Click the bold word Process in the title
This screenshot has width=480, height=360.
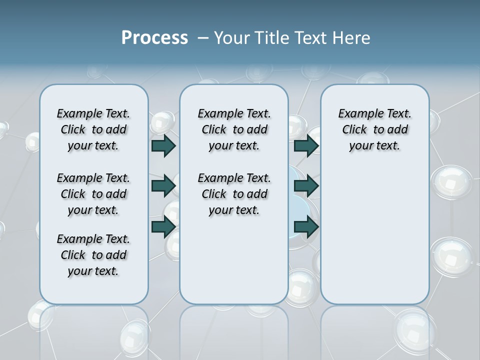pyautogui.click(x=154, y=37)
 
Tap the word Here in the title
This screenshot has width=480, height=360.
pyautogui.click(x=352, y=38)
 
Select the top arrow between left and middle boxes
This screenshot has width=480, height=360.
pyautogui.click(x=163, y=145)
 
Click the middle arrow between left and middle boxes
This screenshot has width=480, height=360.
pyautogui.click(x=163, y=186)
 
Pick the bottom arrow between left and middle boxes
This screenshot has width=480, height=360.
pyautogui.click(x=163, y=226)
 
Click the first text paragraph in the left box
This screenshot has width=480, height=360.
pyautogui.click(x=93, y=129)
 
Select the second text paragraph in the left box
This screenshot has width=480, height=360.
pyautogui.click(x=93, y=194)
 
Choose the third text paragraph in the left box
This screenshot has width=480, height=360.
pyautogui.click(x=93, y=255)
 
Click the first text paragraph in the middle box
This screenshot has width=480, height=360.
pyautogui.click(x=234, y=129)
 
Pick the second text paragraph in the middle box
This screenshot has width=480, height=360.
pyautogui.click(x=234, y=194)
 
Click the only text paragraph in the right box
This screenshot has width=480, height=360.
pyautogui.click(x=374, y=129)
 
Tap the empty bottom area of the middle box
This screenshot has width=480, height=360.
pyautogui.click(x=234, y=265)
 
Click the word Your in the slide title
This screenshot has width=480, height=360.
pyautogui.click(x=231, y=38)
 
